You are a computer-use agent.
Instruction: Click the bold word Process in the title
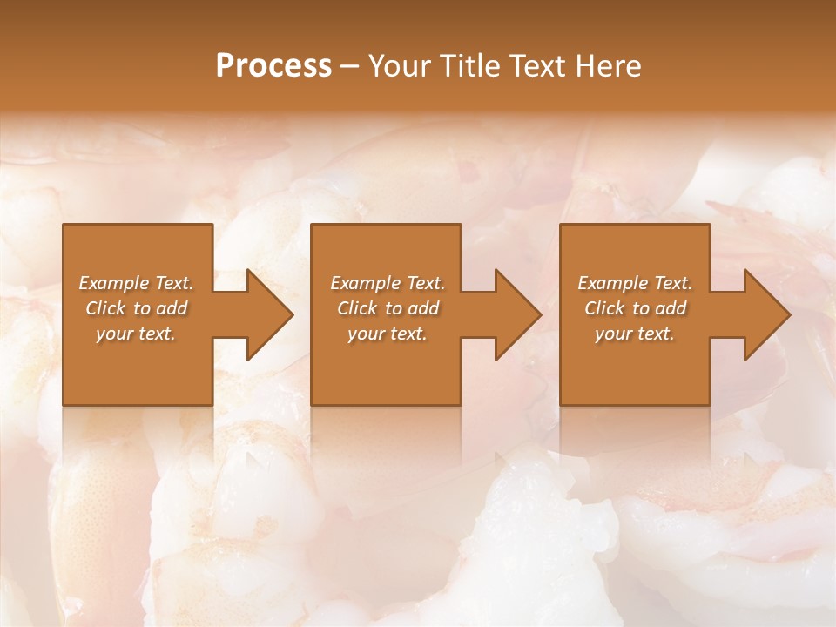point(273,66)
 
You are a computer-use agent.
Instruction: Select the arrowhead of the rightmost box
point(766,314)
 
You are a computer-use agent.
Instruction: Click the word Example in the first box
point(113,283)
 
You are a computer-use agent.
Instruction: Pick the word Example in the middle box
point(364,283)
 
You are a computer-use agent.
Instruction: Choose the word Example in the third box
point(612,283)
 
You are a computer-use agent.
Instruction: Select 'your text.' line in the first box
point(136,334)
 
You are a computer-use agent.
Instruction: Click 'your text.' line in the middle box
point(387,334)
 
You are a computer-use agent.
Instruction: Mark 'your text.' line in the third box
point(635,334)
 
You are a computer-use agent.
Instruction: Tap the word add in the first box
point(172,308)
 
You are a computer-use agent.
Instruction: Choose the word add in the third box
point(671,308)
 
